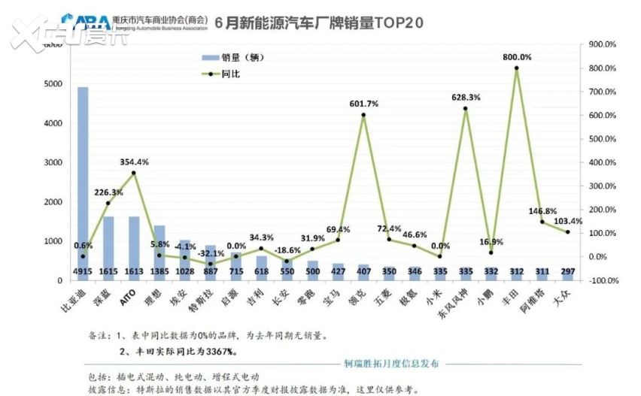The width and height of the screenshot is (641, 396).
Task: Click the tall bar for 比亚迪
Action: pyautogui.click(x=83, y=180)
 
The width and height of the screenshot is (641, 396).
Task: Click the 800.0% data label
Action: pyautogui.click(x=517, y=57)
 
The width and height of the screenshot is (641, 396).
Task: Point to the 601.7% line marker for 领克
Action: pyautogui.click(x=363, y=115)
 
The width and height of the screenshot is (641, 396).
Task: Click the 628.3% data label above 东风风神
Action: pyautogui.click(x=465, y=98)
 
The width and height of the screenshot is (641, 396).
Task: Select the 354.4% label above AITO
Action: pyautogui.click(x=134, y=162)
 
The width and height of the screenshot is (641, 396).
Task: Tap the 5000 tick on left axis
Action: pyautogui.click(x=52, y=84)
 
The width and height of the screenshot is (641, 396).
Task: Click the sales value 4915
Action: pyautogui.click(x=83, y=271)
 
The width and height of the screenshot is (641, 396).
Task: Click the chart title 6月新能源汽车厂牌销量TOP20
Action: pyautogui.click(x=319, y=23)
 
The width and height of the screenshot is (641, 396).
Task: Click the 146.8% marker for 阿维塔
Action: pyautogui.click(x=542, y=222)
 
